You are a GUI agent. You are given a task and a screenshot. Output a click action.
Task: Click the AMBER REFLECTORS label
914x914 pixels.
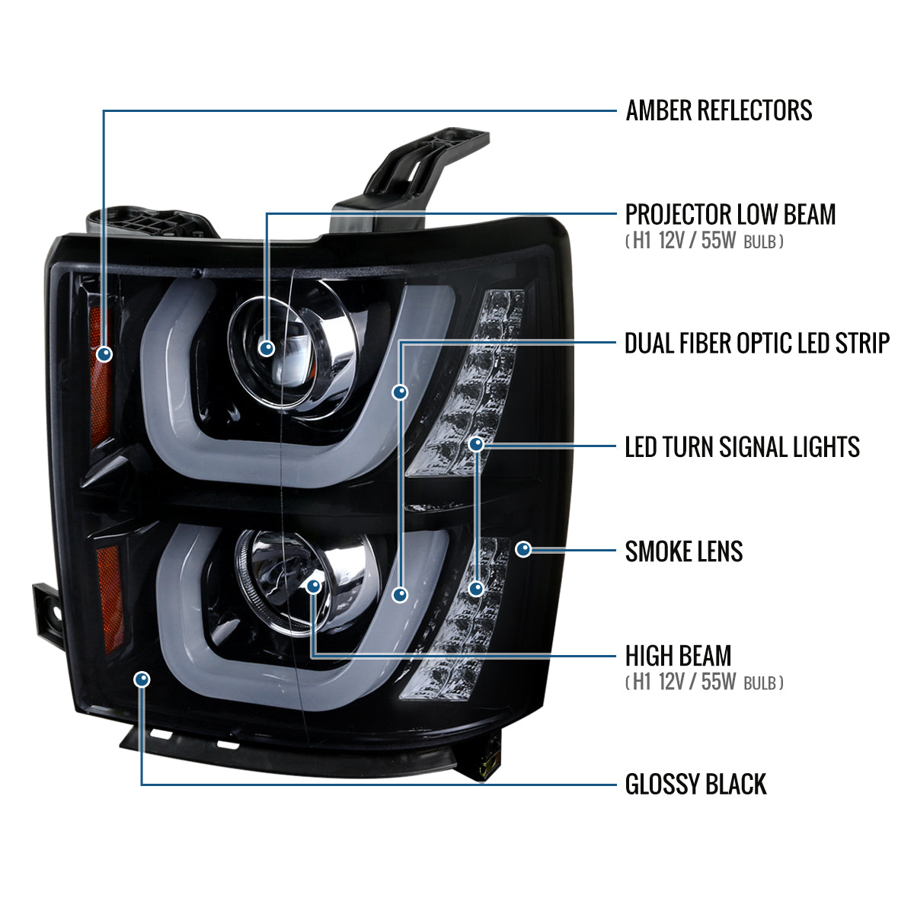click(718, 110)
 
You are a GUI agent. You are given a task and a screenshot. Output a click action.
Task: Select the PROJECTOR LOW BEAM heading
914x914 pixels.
click(730, 215)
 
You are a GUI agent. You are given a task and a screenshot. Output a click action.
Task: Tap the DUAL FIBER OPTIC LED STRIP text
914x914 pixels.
click(756, 344)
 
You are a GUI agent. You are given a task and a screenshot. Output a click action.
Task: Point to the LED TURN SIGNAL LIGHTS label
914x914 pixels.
click(742, 447)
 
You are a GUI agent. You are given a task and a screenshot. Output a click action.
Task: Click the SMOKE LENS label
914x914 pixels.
click(683, 551)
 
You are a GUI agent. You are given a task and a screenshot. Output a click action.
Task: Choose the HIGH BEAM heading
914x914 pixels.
click(678, 656)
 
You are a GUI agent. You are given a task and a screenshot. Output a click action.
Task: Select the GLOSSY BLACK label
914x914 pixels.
click(695, 785)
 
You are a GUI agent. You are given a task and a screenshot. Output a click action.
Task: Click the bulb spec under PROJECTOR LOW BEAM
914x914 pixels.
click(705, 242)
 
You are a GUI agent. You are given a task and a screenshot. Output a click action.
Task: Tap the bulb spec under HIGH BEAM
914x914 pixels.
click(705, 682)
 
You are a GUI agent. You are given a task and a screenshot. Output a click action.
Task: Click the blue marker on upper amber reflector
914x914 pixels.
click(104, 353)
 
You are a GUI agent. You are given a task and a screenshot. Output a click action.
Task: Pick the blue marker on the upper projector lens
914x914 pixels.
click(266, 348)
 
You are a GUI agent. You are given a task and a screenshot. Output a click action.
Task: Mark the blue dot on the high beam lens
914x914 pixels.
click(314, 586)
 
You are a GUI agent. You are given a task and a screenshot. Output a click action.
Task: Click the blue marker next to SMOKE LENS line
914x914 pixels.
click(523, 548)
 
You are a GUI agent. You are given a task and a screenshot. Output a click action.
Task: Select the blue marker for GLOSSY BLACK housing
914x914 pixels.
click(142, 679)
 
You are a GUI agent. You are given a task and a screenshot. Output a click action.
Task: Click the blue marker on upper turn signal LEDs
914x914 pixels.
click(476, 443)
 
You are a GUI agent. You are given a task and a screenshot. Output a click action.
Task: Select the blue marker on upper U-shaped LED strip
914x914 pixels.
click(400, 392)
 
